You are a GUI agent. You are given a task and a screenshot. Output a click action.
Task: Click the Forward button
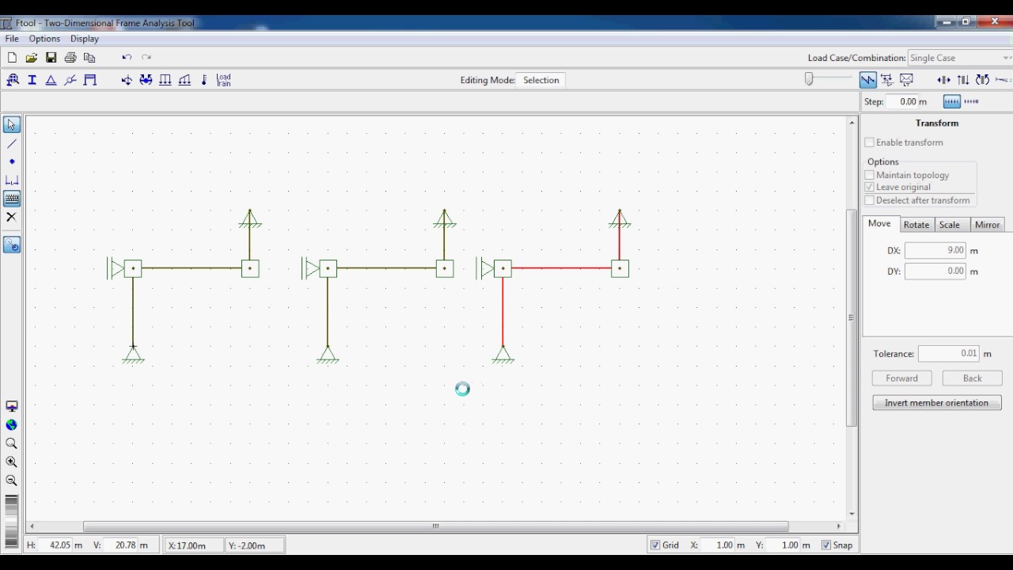901,378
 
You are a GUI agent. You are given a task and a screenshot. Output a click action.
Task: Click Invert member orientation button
936,403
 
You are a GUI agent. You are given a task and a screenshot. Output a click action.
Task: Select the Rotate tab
916,224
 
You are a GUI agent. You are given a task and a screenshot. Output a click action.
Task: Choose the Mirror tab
987,224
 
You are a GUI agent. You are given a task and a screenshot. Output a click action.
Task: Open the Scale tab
949,224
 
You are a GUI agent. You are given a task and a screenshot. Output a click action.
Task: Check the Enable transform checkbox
869,142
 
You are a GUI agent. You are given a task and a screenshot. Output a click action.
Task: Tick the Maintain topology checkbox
869,175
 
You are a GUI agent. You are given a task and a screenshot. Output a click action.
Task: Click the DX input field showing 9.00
935,250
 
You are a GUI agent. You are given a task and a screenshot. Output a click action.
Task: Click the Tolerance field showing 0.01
948,353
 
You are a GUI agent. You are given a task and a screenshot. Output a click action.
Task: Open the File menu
12,39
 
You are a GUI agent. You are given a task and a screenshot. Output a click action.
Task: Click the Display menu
85,39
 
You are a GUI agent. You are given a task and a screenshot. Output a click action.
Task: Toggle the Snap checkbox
826,545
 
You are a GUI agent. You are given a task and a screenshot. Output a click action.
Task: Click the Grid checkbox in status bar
654,545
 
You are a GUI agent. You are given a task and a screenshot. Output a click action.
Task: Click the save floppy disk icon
51,58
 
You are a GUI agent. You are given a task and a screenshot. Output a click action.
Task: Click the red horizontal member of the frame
561,268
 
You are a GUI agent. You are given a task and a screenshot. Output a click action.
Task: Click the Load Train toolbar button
223,80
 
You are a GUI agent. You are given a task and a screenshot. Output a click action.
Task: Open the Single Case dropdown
958,58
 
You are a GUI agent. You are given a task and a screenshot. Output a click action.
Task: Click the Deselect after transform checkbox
869,200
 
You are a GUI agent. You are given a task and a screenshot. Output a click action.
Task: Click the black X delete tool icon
11,217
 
